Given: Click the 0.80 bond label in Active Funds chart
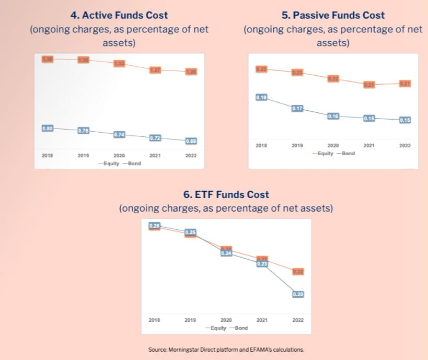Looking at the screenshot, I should [47, 128].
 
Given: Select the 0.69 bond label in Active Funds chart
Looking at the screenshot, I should [190, 141].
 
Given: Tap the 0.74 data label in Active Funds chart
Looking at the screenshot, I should [119, 135].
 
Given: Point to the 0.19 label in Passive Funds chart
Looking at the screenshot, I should [261, 98].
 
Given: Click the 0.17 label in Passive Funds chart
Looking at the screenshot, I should [297, 109].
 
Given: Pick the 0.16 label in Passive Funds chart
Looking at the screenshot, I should [333, 116].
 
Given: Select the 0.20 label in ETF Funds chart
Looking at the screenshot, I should [298, 294].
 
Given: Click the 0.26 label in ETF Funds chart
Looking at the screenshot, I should [154, 226].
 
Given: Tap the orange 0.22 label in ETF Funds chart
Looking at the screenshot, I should [298, 272].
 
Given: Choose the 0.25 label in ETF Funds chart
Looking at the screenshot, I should [190, 232].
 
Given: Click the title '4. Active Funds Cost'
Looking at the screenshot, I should [119, 16].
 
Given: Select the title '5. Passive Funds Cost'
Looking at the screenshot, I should [333, 16].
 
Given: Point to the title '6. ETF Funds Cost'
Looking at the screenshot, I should [226, 194].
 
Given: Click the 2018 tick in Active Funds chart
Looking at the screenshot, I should [47, 156].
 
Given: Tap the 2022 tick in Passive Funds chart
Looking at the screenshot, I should [404, 146].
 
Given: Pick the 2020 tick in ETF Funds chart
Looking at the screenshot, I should [226, 320].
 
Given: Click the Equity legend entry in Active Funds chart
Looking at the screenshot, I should [110, 164].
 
